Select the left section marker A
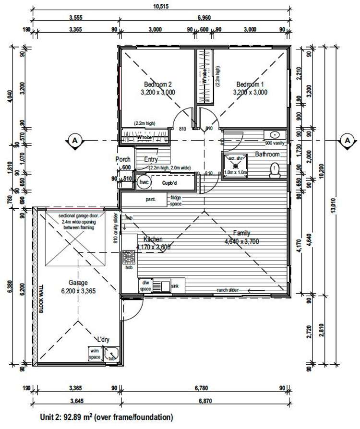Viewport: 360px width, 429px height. (x=74, y=140)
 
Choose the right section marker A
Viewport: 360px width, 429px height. (x=346, y=140)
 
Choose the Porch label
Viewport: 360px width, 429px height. (x=123, y=159)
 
